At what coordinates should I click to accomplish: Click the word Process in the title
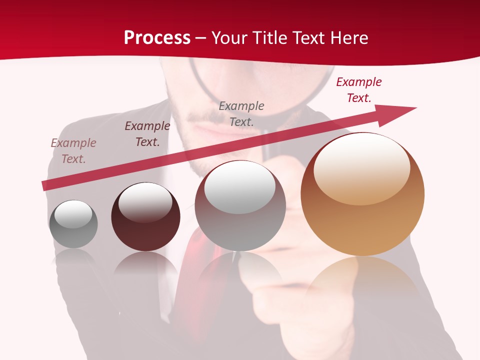[157, 37]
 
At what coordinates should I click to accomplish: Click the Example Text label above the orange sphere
[358, 90]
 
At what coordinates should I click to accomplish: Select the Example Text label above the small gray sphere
[73, 151]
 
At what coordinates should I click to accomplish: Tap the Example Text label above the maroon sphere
[147, 134]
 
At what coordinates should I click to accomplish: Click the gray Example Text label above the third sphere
[241, 113]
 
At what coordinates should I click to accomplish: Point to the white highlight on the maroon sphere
[145, 201]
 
